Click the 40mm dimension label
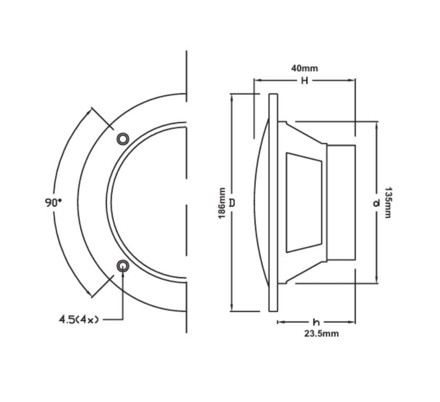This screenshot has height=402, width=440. click(304, 68)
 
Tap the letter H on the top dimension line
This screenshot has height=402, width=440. click(304, 81)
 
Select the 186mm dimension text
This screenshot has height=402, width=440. click(222, 203)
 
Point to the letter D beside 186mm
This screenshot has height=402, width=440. click(232, 203)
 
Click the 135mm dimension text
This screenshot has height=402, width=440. click(387, 202)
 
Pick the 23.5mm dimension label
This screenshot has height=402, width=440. click(322, 334)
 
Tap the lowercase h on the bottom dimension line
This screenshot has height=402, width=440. click(316, 322)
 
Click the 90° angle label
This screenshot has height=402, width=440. click(53, 202)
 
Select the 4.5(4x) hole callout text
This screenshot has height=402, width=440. click(78, 319)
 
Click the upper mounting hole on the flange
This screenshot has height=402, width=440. click(123, 139)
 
